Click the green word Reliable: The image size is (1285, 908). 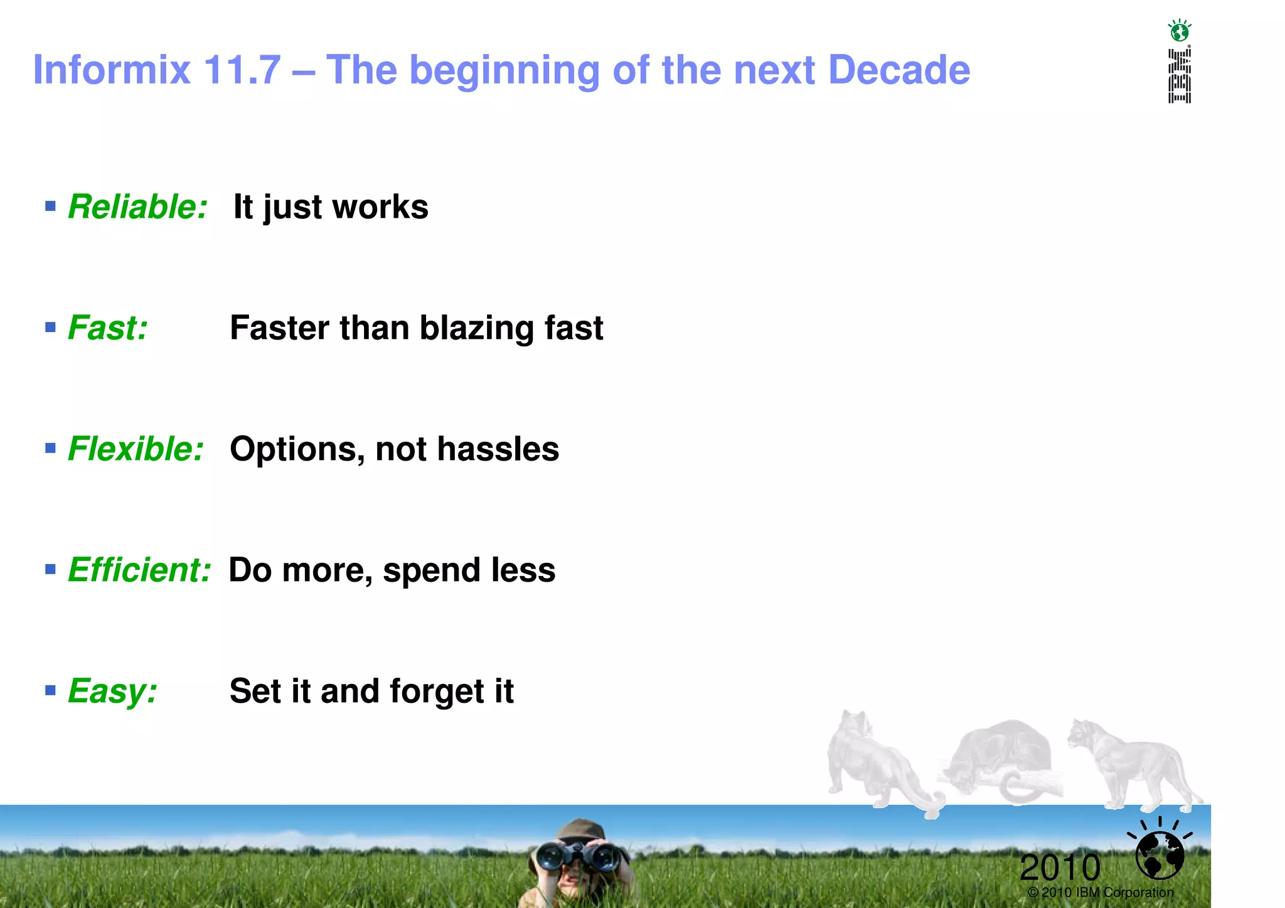(x=137, y=206)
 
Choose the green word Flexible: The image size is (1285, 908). (x=136, y=449)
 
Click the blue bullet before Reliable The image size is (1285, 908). (x=51, y=206)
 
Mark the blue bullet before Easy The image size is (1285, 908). (x=51, y=690)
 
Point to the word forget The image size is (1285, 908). (x=437, y=691)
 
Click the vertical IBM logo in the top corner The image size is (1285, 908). (x=1179, y=76)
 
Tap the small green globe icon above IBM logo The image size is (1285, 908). (x=1180, y=31)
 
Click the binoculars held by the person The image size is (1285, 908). (x=578, y=855)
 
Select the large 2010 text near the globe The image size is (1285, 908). (x=1060, y=868)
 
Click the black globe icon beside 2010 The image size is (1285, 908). (x=1160, y=854)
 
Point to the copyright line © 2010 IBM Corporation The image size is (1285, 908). (x=1101, y=892)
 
